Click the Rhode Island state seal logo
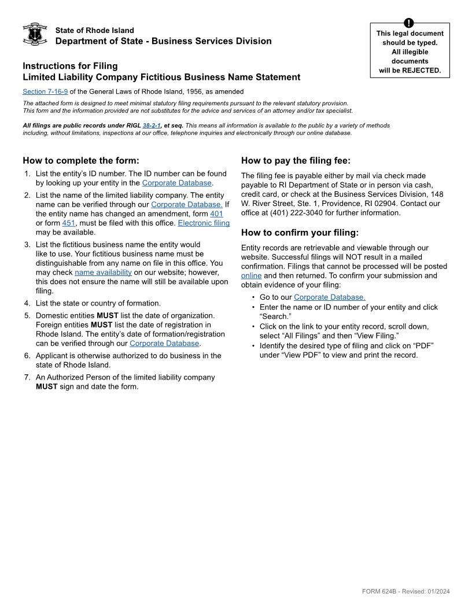click(x=35, y=34)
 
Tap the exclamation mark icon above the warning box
click(x=410, y=23)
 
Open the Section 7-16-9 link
click(x=45, y=91)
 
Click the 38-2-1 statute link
click(x=152, y=125)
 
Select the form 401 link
click(x=216, y=214)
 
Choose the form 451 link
click(x=68, y=223)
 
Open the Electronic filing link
click(x=204, y=223)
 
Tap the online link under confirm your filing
click(x=251, y=275)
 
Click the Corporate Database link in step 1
click(x=176, y=183)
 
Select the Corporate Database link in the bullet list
click(x=329, y=297)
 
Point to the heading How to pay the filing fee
click(x=296, y=161)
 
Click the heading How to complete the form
click(x=81, y=161)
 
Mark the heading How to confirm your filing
click(x=300, y=233)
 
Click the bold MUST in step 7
click(x=47, y=387)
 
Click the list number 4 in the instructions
click(x=27, y=303)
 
